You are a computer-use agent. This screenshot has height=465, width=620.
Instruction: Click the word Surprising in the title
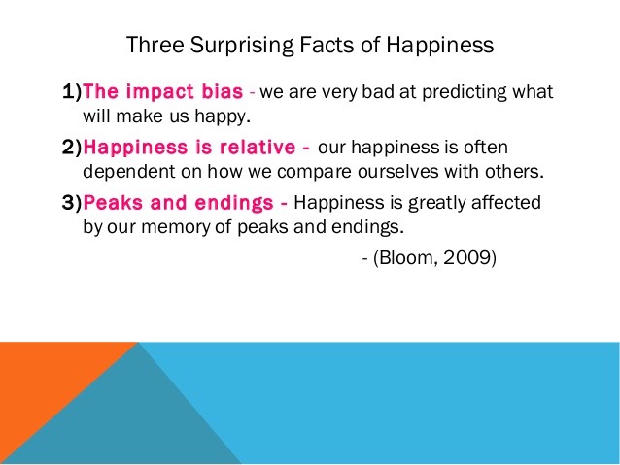pos(242,46)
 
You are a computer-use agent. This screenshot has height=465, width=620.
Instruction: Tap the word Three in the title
pos(155,45)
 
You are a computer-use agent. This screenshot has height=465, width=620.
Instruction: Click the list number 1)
pos(72,91)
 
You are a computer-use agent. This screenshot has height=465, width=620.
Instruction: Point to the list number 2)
pos(72,147)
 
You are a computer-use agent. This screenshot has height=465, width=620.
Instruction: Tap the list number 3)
pos(72,202)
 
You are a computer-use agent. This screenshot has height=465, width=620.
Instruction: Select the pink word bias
pos(223,91)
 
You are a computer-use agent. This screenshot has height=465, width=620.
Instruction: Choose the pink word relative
pos(258,147)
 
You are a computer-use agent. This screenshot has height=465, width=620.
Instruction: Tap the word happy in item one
pos(223,117)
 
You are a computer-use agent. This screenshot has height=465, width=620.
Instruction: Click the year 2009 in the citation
pos(467,257)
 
